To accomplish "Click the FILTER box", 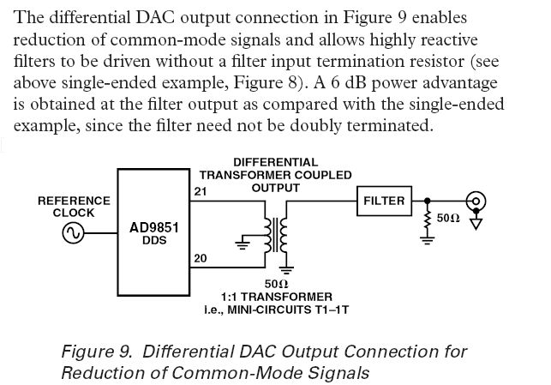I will click(383, 201).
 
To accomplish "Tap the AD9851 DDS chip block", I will click(153, 232).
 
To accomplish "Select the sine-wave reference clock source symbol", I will click(73, 232).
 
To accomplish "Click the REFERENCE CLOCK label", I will click(74, 207).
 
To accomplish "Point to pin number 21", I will click(201, 192).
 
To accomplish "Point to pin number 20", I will click(200, 258).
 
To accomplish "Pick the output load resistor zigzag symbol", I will click(427, 220).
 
